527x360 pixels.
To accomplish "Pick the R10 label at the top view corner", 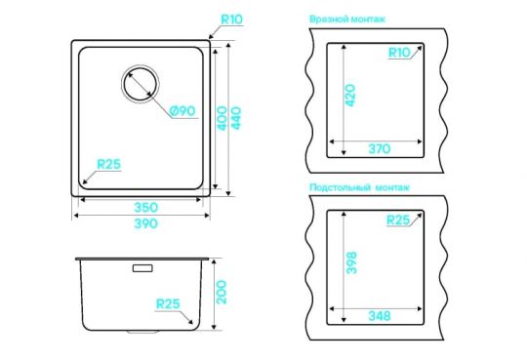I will pyautogui.click(x=232, y=19).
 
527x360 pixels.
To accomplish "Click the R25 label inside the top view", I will pyautogui.click(x=109, y=164).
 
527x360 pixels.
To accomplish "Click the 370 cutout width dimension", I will pyautogui.click(x=379, y=148).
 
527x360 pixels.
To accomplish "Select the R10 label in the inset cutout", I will pyautogui.click(x=397, y=53).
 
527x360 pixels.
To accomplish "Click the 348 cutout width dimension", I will pyautogui.click(x=379, y=316).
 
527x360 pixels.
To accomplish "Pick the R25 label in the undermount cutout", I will pyautogui.click(x=398, y=220).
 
